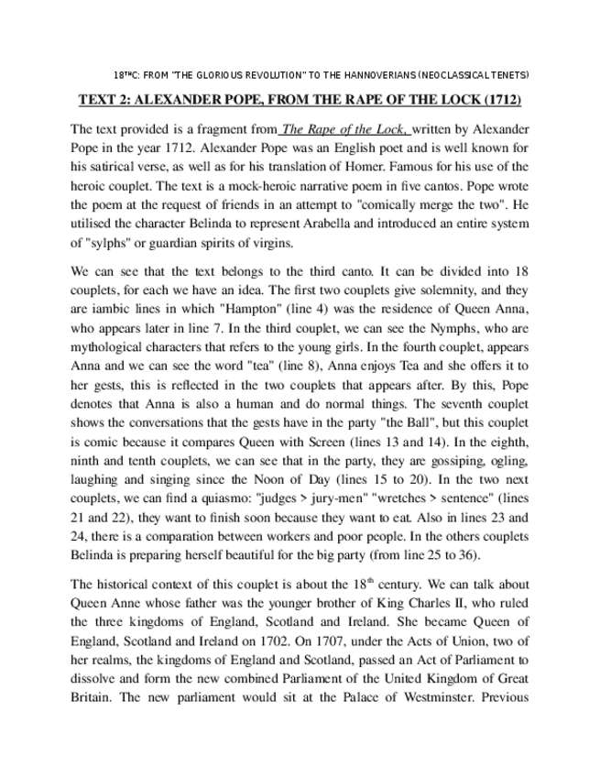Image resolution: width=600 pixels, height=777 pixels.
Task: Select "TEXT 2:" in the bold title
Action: (x=106, y=100)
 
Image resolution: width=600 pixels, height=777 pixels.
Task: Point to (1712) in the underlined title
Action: (x=504, y=100)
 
